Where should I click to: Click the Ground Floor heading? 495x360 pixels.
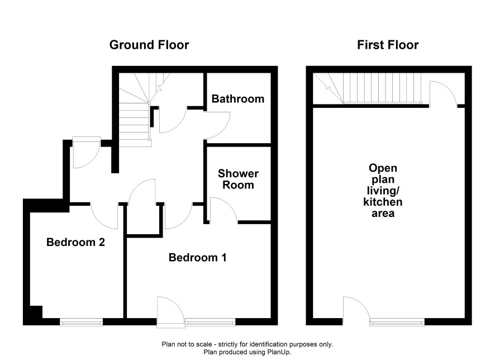[x=149, y=45]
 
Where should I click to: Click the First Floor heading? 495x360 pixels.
[x=388, y=45]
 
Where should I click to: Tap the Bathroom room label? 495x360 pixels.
[x=237, y=99]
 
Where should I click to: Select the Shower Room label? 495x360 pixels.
[x=238, y=179]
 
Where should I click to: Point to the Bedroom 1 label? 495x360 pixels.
[x=198, y=257]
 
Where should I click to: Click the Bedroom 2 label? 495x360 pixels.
[x=75, y=242]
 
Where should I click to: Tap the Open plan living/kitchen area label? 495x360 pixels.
[x=383, y=191]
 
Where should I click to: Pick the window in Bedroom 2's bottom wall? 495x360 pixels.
[x=81, y=322]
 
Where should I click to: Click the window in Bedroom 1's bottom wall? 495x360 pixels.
[x=210, y=322]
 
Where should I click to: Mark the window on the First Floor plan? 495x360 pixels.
[x=397, y=322]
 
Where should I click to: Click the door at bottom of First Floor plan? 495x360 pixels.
[x=357, y=310]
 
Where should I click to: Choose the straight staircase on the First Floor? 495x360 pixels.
[x=382, y=88]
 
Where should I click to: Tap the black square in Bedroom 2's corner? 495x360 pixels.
[x=36, y=312]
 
